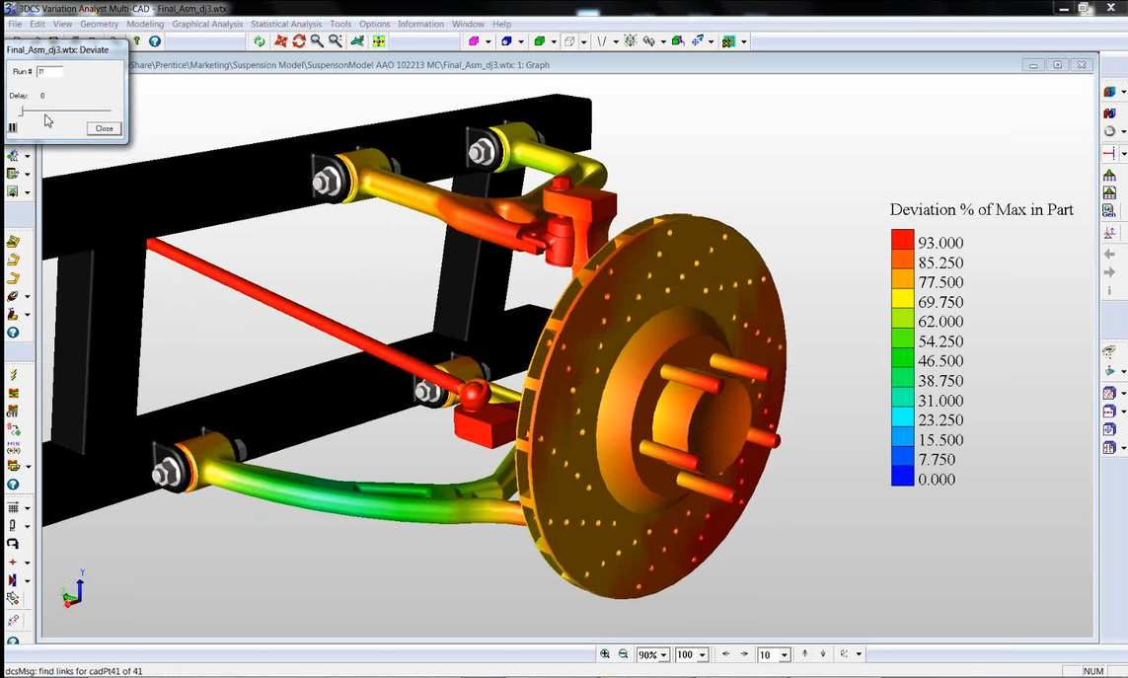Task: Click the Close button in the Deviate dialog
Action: pos(104,128)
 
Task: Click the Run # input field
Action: pos(49,72)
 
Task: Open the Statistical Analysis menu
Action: pos(285,24)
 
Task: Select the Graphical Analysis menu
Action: pos(206,24)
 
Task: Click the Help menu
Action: pos(501,24)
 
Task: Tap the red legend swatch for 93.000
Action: pos(902,242)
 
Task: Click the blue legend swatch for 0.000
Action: pos(902,479)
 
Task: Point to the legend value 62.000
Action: pos(940,322)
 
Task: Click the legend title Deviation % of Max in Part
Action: pos(981,210)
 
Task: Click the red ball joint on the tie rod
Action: pos(474,394)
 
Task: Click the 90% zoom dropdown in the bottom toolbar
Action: pos(652,654)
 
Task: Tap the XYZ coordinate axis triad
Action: pos(73,589)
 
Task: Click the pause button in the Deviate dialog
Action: pos(13,128)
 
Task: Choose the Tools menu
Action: pos(340,24)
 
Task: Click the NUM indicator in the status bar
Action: pos(1093,671)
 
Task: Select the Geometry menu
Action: pos(99,24)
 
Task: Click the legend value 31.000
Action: pos(940,401)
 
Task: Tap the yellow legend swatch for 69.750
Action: pos(902,301)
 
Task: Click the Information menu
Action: pos(420,24)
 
